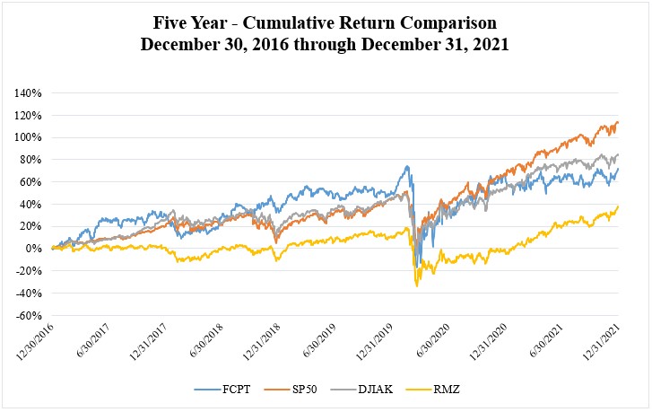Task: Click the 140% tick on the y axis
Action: [28, 92]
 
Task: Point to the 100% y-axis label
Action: [28, 137]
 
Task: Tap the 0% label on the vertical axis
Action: [33, 249]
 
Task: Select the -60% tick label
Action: [28, 316]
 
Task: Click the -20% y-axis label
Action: [28, 271]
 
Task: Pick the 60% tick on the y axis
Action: [30, 181]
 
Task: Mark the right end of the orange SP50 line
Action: [618, 122]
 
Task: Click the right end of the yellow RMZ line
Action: [618, 206]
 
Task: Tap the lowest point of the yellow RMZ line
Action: [416, 285]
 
